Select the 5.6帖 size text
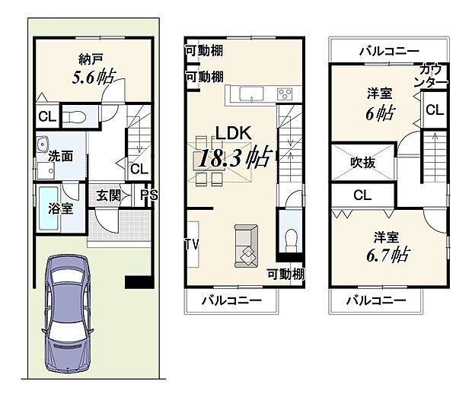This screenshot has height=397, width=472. pyautogui.click(x=94, y=77)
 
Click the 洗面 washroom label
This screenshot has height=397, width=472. pyautogui.click(x=61, y=157)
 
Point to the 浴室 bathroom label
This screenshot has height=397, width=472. pyautogui.click(x=61, y=208)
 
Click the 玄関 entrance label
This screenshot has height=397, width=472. pyautogui.click(x=107, y=195)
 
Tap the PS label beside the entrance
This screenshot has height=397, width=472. pyautogui.click(x=149, y=195)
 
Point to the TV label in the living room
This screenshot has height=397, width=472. pyautogui.click(x=192, y=245)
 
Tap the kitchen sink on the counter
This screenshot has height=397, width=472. pyautogui.click(x=251, y=94)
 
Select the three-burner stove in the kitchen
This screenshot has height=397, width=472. pyautogui.click(x=284, y=94)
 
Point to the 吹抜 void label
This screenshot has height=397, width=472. pyautogui.click(x=362, y=162)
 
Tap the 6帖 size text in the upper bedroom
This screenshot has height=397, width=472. pyautogui.click(x=381, y=113)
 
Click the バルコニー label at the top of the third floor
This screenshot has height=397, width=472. pyautogui.click(x=388, y=51)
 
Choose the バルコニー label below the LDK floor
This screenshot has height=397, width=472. pyautogui.click(x=231, y=300)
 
